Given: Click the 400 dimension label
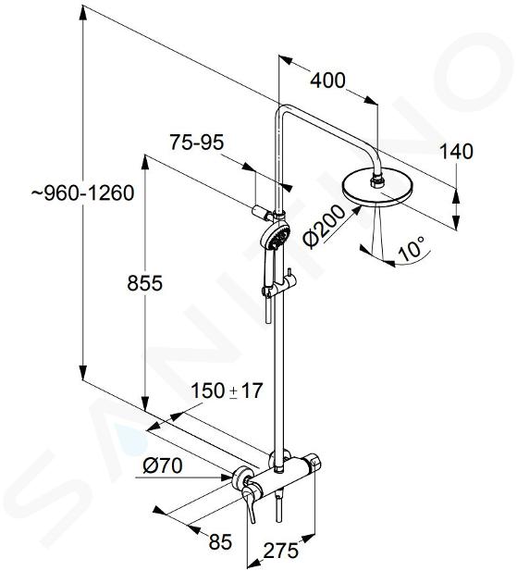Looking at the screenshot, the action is pyautogui.click(x=327, y=81).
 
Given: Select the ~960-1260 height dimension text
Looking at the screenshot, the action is pyautogui.click(x=82, y=193).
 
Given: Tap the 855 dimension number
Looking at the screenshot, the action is pyautogui.click(x=144, y=283).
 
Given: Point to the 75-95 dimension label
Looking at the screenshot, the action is pyautogui.click(x=197, y=142).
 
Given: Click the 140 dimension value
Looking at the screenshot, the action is pyautogui.click(x=456, y=152).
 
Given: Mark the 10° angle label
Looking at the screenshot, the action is pyautogui.click(x=411, y=248).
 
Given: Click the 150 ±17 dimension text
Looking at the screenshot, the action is pyautogui.click(x=227, y=391).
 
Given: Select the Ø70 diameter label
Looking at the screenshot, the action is pyautogui.click(x=163, y=465).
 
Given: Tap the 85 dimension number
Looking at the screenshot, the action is pyautogui.click(x=220, y=541).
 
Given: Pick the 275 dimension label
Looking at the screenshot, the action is pyautogui.click(x=280, y=551).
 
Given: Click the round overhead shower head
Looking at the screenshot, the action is pyautogui.click(x=377, y=191).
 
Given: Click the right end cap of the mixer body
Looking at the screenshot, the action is pyautogui.click(x=314, y=462).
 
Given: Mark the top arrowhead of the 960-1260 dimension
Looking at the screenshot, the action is pyautogui.click(x=83, y=15).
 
